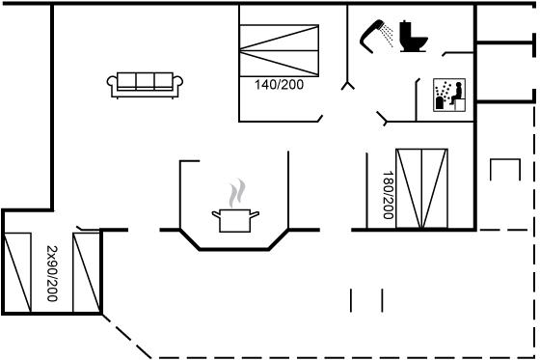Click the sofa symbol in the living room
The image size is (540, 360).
[x=145, y=85]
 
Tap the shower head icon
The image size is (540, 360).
[x=375, y=37]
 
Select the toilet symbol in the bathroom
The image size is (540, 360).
[x=413, y=37]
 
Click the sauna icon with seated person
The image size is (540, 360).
[x=449, y=95]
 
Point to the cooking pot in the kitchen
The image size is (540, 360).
[x=235, y=220]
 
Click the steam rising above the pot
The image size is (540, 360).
[x=237, y=193]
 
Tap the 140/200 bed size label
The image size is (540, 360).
[x=279, y=85]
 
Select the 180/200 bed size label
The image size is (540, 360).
[x=388, y=195]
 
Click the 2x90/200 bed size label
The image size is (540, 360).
[x=52, y=273]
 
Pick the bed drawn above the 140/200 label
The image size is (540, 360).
[x=279, y=51]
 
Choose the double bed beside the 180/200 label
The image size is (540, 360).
[x=421, y=188]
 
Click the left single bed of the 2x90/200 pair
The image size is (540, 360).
[x=17, y=273]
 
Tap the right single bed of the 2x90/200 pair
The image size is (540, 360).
[x=87, y=273]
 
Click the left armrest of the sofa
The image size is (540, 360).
[x=112, y=86]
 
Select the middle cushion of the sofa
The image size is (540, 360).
[x=145, y=81]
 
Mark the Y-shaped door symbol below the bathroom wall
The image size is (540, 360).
[x=348, y=86]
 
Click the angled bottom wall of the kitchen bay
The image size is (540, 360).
[x=234, y=249]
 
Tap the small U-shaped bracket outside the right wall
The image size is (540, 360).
[x=505, y=170]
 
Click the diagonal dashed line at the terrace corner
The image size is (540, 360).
[x=126, y=336]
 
